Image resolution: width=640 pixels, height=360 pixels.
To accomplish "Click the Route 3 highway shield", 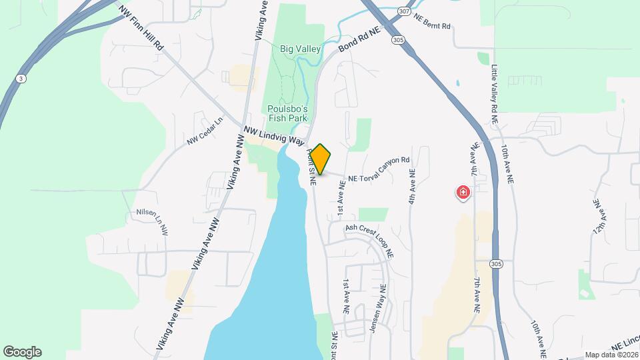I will click(22, 79).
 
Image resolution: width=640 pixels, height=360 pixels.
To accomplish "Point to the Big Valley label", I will click(301, 49).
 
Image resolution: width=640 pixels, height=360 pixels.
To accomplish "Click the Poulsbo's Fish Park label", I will click(287, 113).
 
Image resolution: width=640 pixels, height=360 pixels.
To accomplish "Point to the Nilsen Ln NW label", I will click(151, 222).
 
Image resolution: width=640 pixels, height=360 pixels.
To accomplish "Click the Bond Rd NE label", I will click(359, 40).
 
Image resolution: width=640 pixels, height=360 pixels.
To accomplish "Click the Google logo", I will click(22, 352).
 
